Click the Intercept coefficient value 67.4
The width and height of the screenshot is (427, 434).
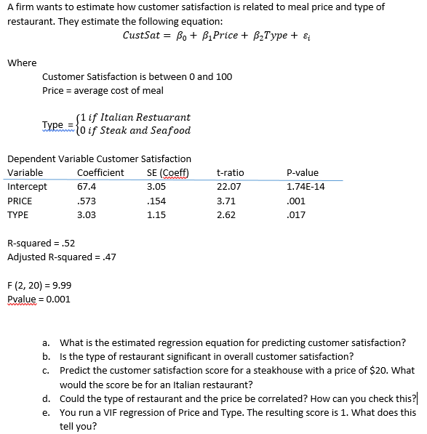tap(87, 187)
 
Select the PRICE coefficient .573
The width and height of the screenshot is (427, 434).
tap(87, 201)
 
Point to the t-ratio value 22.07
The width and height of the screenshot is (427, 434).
tap(228, 187)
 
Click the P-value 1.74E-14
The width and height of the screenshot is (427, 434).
tap(306, 187)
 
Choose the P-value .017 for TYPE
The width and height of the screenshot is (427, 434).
tap(296, 215)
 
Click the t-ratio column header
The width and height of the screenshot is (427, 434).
tap(230, 173)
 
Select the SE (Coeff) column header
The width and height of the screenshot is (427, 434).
tap(167, 173)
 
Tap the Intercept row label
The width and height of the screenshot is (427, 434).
tap(27, 187)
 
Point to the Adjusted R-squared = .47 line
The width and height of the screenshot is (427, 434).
tap(62, 257)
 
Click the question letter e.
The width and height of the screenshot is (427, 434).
tap(46, 412)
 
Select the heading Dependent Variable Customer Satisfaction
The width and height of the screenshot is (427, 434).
tap(99, 159)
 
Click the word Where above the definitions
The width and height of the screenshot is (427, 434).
tap(22, 63)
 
